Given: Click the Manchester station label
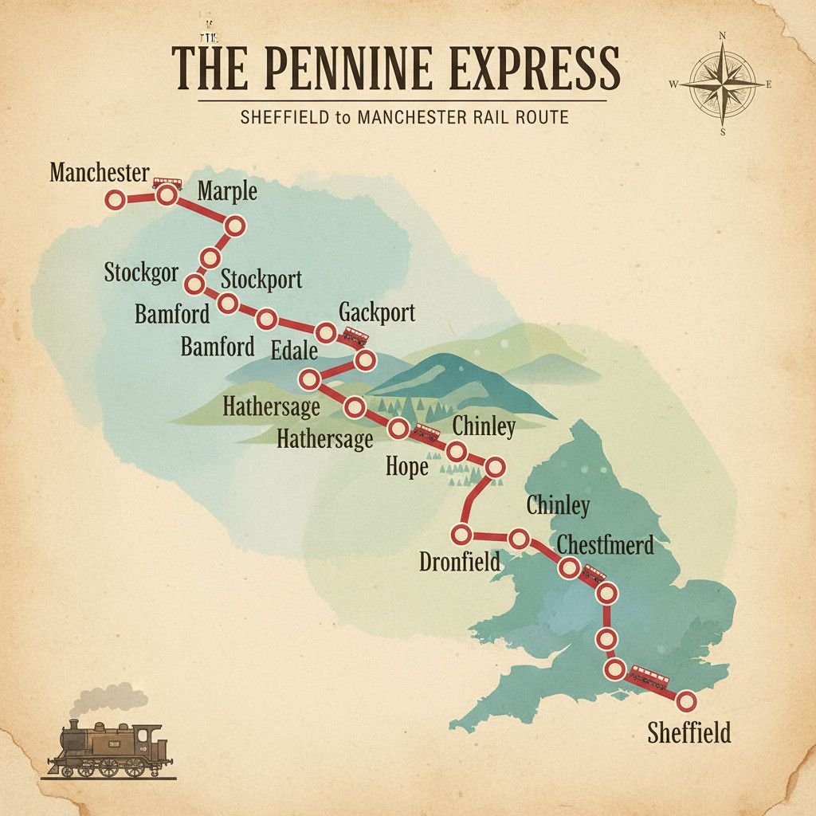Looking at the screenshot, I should [99, 172].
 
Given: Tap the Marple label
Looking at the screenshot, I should [227, 191].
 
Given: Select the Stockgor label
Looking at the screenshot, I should [141, 273].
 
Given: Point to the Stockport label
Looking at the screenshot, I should [261, 280].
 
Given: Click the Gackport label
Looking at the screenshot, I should [377, 312].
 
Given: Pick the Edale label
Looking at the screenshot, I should [293, 351].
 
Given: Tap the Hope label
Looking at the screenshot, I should [407, 466].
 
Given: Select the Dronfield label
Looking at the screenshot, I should [460, 561].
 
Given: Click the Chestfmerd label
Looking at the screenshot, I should [606, 545].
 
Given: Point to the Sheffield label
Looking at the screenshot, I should [688, 732].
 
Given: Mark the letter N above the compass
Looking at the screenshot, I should [722, 36].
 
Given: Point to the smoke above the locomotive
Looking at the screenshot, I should [108, 699].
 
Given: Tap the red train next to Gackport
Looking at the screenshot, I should [355, 335].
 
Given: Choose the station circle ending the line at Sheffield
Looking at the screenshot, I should [685, 701].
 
